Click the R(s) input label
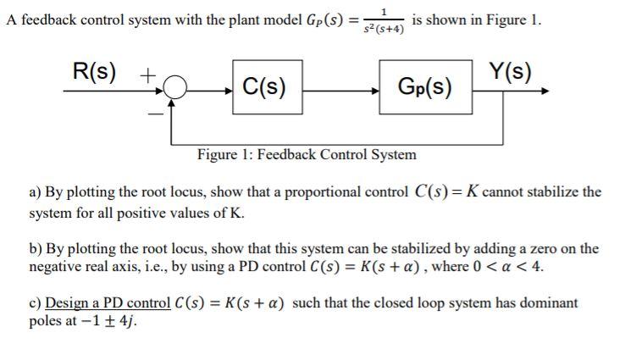pyautogui.click(x=94, y=71)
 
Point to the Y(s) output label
pyautogui.click(x=511, y=71)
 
